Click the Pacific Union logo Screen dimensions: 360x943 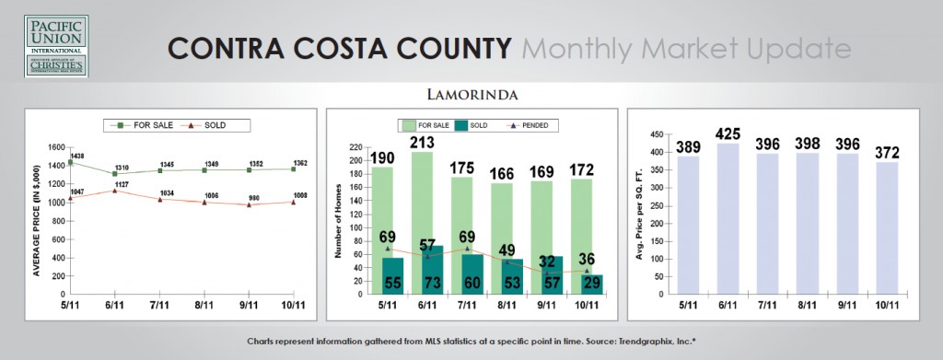[57, 45]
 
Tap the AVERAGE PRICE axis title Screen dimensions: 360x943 [36, 220]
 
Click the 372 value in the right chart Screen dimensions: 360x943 [891, 153]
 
